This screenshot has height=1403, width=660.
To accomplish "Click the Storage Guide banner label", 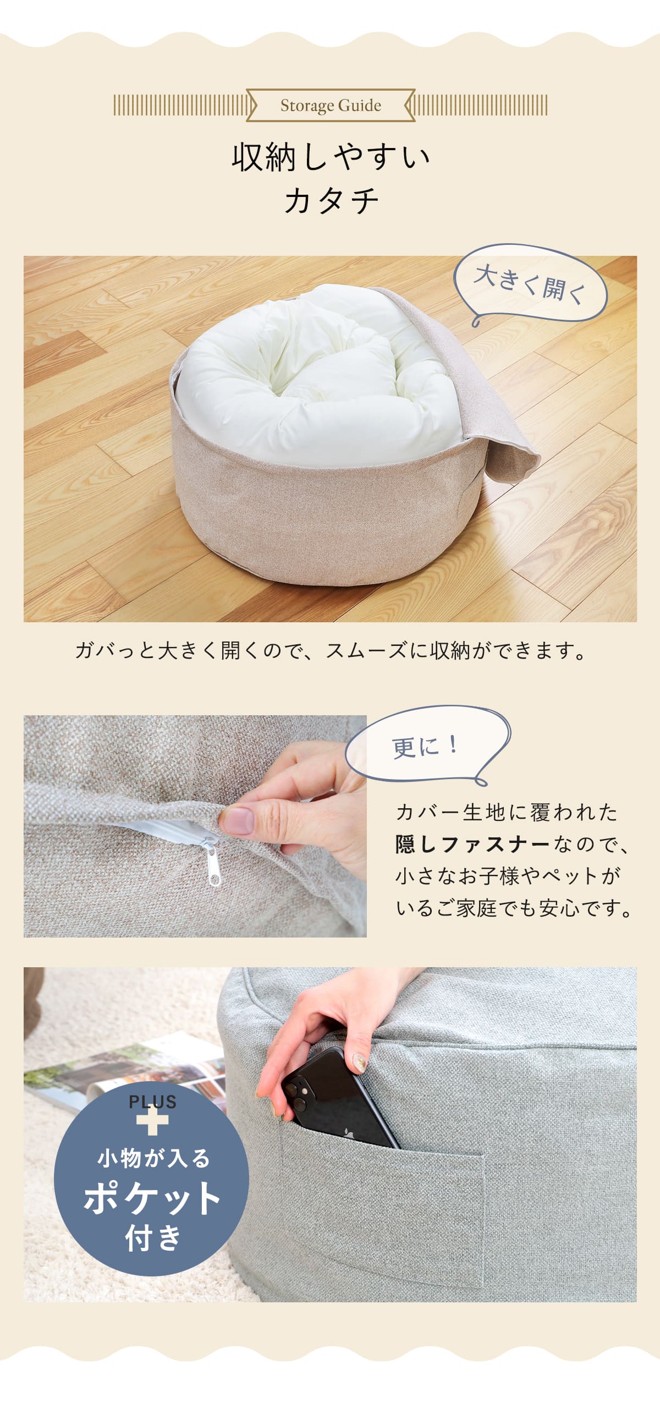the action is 331,105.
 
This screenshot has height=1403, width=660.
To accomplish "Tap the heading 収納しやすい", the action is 331,157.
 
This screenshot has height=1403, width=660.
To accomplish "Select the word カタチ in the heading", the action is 331,200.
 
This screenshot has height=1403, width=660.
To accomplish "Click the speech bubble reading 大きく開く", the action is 530,284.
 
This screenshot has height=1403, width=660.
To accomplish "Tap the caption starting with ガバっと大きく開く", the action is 331,651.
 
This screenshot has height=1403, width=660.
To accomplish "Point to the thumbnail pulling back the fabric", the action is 239,820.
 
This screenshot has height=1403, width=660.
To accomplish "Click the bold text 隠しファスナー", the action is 472,844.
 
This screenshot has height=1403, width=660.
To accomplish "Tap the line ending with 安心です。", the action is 514,908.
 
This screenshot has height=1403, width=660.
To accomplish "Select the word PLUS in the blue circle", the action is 152,1101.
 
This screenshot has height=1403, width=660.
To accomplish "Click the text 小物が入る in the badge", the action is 153,1158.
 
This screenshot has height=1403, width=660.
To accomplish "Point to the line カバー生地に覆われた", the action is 507,812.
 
